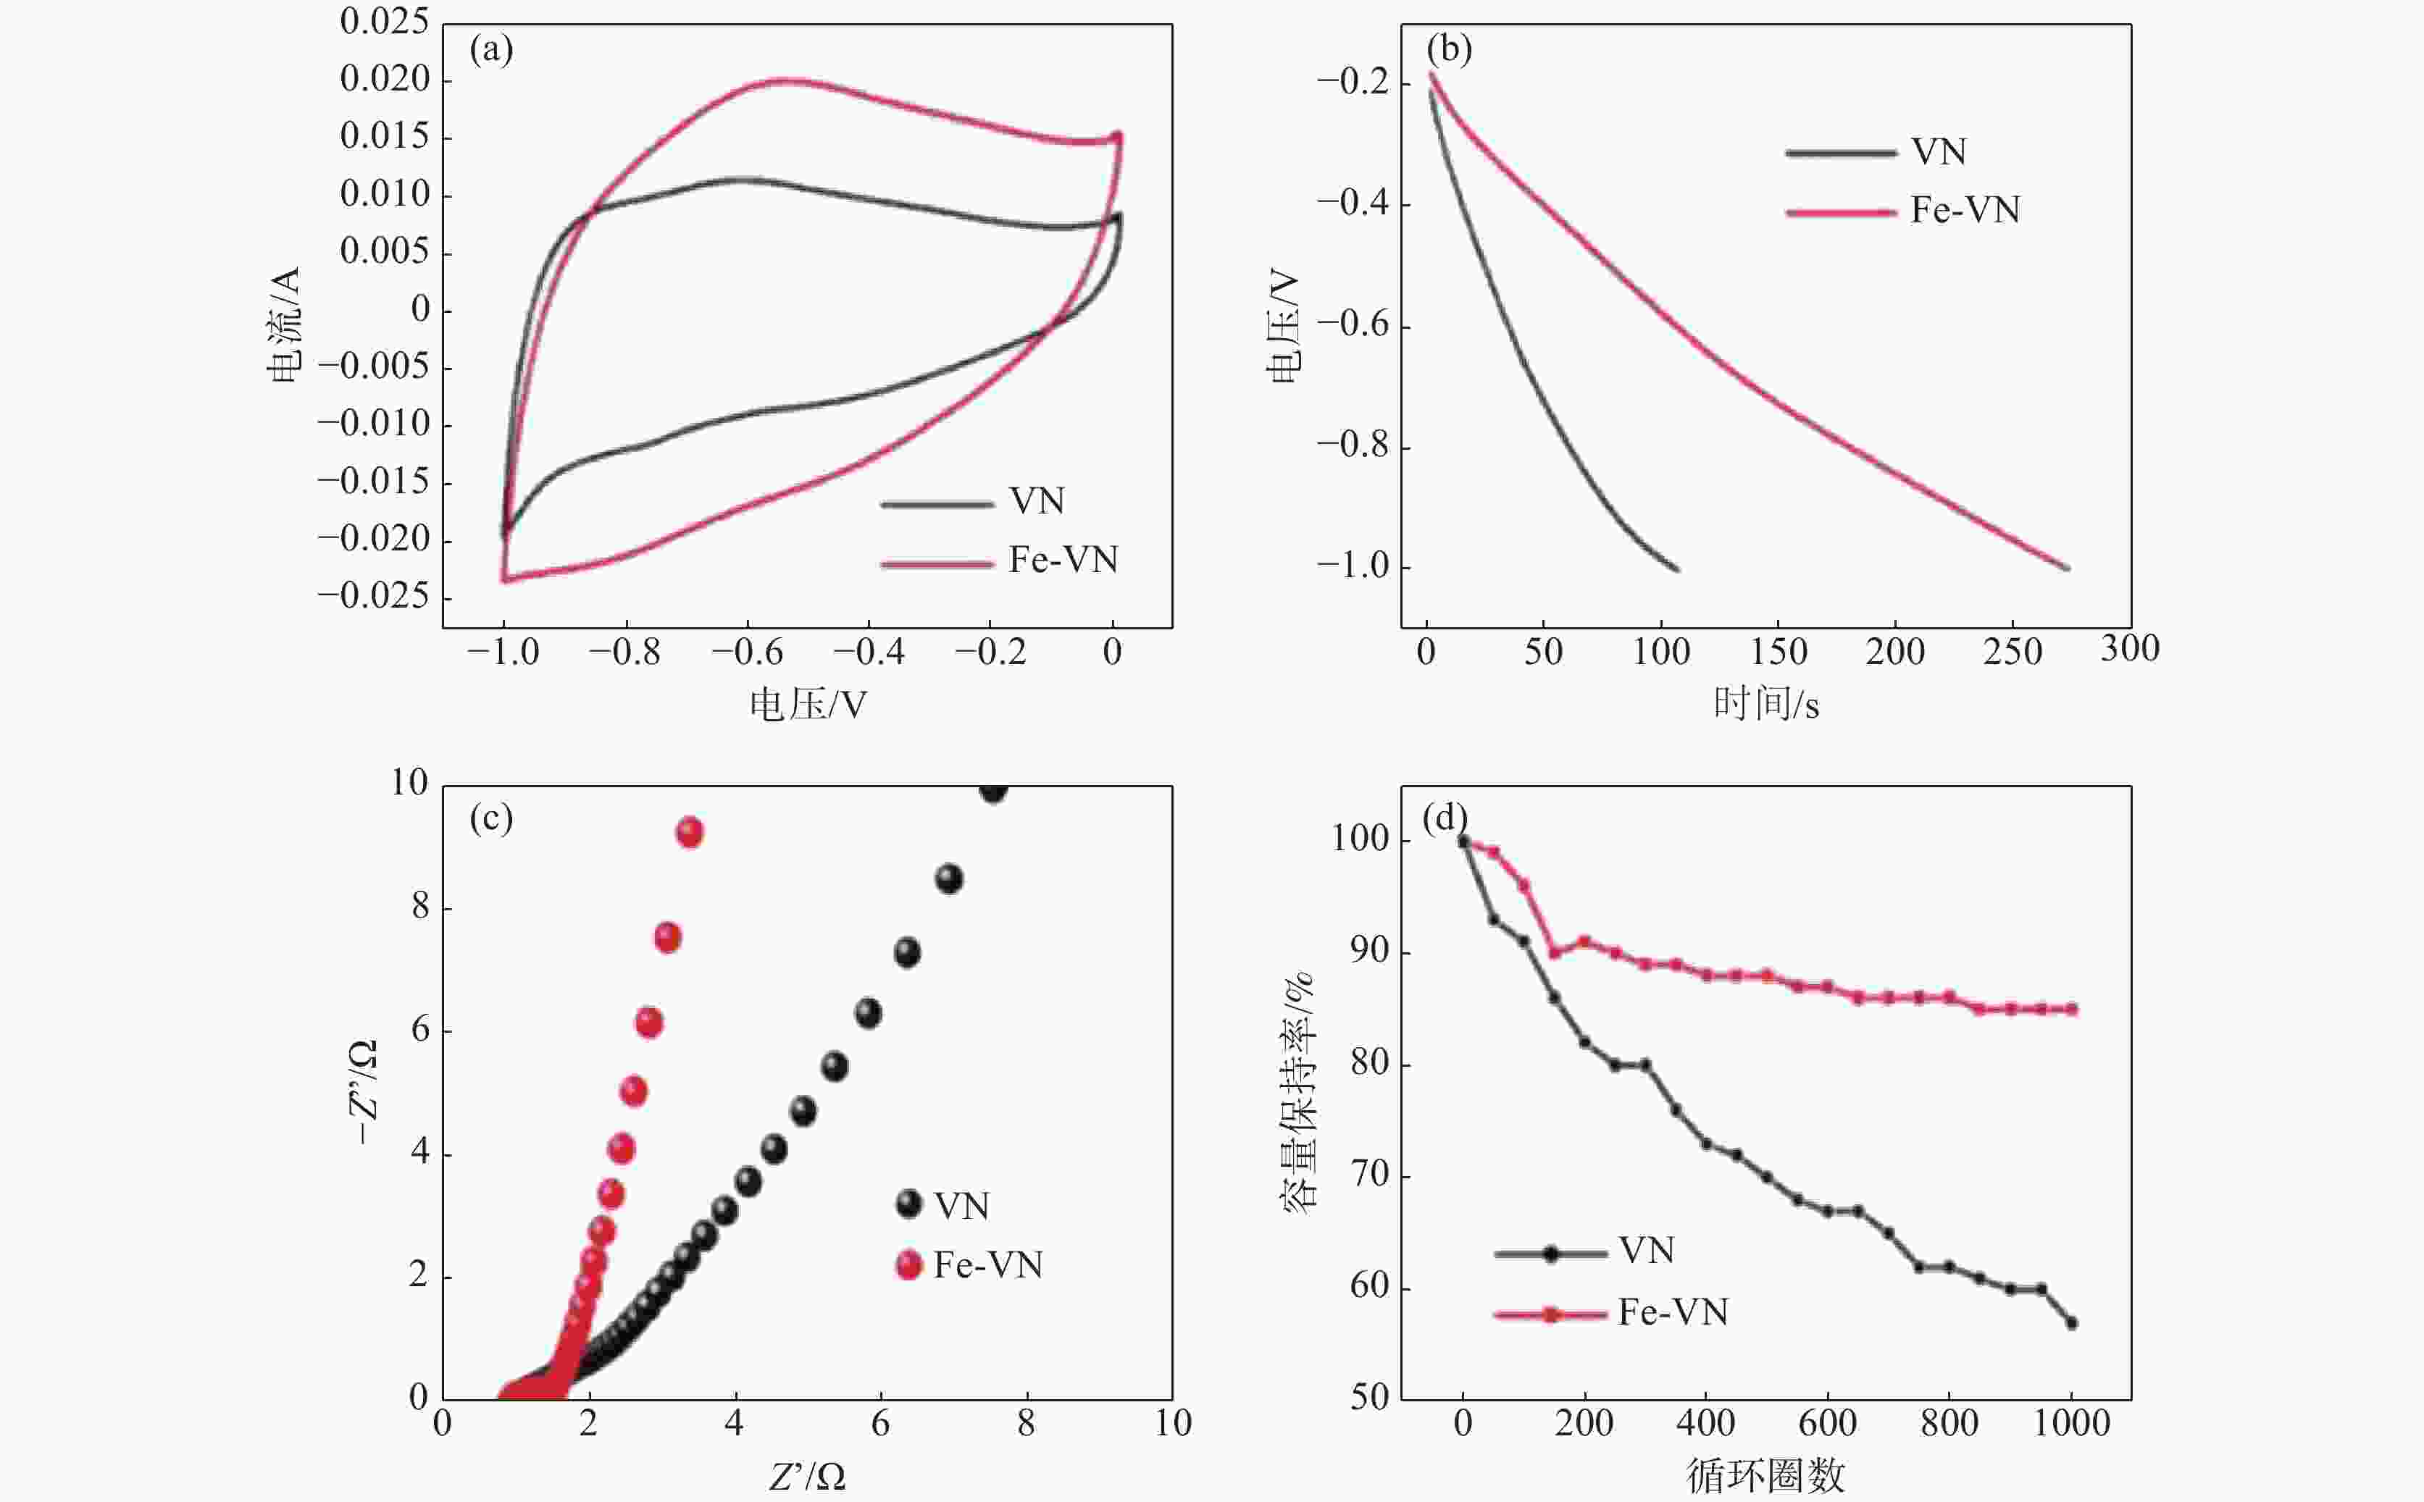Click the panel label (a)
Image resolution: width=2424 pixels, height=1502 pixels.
coord(492,50)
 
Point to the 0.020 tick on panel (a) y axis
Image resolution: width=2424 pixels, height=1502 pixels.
coord(385,80)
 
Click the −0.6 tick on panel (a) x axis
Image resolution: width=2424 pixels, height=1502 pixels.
coord(746,653)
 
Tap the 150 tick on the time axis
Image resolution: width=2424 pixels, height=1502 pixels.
coord(1779,653)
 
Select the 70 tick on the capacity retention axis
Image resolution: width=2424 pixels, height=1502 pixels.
coord(1370,1175)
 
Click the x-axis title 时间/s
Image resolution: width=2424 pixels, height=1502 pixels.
coord(1766,705)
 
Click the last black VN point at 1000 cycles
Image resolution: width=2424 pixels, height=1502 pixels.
coord(2071,1323)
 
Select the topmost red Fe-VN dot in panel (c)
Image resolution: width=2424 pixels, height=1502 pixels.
coord(690,832)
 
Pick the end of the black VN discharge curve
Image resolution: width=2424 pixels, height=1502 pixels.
coord(1677,569)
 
